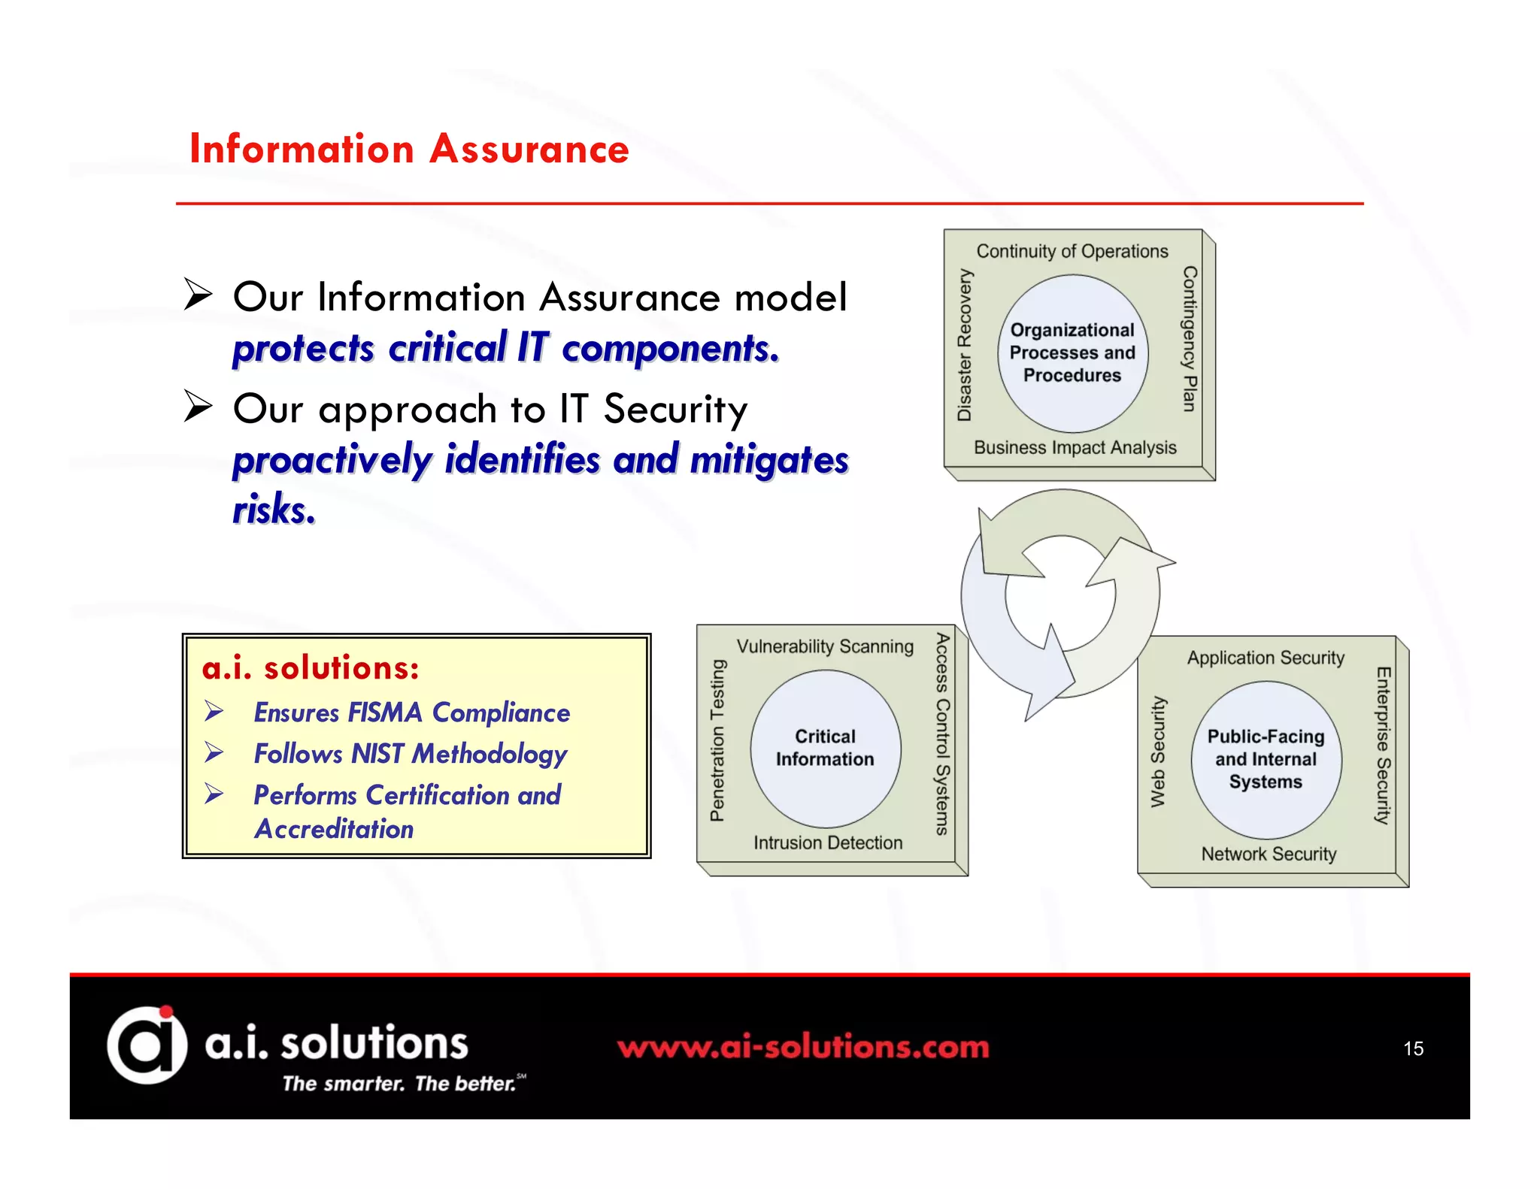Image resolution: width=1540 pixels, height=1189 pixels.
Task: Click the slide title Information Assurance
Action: pos(409,149)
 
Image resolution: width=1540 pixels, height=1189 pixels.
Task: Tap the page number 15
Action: pos(1413,1048)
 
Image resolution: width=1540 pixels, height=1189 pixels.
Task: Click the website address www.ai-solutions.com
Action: pos(803,1047)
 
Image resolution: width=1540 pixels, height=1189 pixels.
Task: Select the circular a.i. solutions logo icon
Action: pos(147,1045)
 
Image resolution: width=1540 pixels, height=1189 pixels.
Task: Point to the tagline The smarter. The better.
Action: pos(400,1083)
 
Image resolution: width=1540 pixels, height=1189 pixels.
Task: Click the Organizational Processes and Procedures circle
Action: pos(1072,352)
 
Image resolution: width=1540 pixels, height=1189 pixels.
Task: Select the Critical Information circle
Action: pos(825,748)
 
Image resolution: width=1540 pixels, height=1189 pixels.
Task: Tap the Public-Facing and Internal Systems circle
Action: pos(1266,759)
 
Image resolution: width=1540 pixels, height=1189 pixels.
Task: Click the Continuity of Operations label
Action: pos(1072,251)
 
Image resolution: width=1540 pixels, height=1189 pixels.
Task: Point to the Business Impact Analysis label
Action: pos(1075,447)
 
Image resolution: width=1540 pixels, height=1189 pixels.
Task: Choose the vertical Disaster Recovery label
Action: pos(964,345)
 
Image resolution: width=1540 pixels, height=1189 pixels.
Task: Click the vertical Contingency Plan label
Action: pos(1189,338)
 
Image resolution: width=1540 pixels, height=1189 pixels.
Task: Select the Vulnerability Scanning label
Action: pos(825,646)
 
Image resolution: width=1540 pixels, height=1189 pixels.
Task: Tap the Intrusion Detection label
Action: pos(827,843)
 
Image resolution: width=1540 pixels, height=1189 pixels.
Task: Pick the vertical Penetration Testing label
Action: pos(717,740)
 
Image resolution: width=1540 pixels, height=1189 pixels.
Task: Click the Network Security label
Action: pos(1269,854)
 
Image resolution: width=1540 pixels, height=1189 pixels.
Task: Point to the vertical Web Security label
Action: pos(1158,752)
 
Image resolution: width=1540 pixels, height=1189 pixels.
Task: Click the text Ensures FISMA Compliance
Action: pos(411,712)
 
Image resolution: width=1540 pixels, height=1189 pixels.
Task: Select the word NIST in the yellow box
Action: pos(378,754)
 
